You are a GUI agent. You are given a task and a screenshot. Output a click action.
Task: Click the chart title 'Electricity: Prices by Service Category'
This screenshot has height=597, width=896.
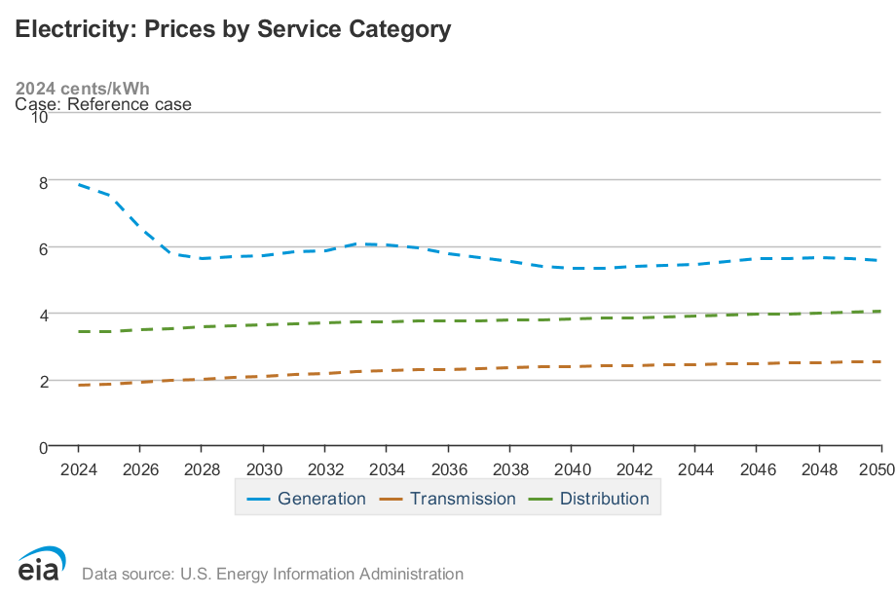[x=233, y=29]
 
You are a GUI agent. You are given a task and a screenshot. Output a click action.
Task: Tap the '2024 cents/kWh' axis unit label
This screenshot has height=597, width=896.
[x=83, y=89]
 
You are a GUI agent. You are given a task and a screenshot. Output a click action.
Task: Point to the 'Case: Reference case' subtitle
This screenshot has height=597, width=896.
[x=103, y=104]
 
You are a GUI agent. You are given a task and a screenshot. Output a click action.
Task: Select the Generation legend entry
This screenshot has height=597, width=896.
[x=307, y=499]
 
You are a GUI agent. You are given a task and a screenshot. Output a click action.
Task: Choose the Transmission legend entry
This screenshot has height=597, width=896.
[x=447, y=499]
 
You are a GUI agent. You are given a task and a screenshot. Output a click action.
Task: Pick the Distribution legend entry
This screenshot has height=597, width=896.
[x=589, y=499]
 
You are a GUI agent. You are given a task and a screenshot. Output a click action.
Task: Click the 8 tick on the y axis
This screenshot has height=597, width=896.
[x=43, y=182]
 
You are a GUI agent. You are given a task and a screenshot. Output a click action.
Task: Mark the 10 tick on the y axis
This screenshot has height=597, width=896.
[x=39, y=116]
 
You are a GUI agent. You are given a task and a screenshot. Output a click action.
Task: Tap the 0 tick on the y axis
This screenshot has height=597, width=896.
[x=43, y=448]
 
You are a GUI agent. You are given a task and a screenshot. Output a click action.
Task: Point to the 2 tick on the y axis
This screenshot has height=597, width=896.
[x=43, y=382]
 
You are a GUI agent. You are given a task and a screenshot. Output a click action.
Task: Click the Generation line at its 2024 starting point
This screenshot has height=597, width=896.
[x=78, y=184]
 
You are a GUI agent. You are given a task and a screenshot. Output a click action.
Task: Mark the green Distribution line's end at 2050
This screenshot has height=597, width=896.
[x=880, y=312]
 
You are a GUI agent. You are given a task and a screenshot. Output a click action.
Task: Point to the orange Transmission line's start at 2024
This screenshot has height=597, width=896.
[x=78, y=386]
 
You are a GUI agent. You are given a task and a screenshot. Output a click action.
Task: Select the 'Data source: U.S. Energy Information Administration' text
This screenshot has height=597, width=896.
[x=273, y=574]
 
